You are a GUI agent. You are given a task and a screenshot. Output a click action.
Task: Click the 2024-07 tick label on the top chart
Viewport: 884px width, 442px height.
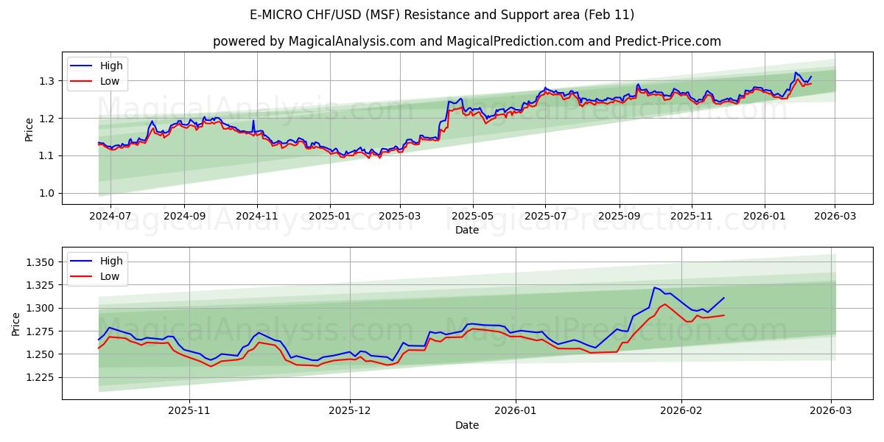[x=110, y=215]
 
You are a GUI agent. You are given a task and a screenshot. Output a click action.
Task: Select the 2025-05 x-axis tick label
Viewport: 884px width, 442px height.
[x=472, y=215]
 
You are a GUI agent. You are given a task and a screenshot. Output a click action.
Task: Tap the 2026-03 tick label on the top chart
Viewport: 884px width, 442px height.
[x=835, y=215]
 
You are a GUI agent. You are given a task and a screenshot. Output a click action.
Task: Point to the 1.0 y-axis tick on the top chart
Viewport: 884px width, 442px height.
[x=46, y=193]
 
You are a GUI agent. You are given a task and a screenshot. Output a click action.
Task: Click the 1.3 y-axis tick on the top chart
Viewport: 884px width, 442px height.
[x=46, y=80]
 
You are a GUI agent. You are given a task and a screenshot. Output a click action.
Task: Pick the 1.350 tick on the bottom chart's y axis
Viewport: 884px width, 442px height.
[x=39, y=262]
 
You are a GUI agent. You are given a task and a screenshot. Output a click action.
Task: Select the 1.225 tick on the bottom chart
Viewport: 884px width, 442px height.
[x=39, y=377]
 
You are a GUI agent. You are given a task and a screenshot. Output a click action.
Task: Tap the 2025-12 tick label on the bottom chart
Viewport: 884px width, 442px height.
[x=350, y=410]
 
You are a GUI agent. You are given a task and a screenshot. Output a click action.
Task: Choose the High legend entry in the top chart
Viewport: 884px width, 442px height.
[x=111, y=66]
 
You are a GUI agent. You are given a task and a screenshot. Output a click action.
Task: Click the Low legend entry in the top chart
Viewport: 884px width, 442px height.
[x=110, y=82]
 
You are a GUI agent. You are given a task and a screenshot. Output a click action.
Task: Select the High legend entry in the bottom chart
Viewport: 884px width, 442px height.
[x=111, y=261]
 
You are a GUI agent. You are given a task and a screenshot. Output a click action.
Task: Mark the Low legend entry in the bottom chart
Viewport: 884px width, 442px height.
[x=110, y=276]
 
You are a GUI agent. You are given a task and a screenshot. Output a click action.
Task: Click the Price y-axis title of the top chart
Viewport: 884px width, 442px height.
[x=29, y=129]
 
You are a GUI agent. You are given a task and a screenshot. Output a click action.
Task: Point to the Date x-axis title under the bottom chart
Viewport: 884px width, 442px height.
[x=467, y=425]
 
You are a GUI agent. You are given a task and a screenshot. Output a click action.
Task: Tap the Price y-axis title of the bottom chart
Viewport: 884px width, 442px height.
[x=16, y=323]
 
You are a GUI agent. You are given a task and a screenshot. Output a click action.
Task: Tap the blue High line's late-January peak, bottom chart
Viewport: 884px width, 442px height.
[x=654, y=287]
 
